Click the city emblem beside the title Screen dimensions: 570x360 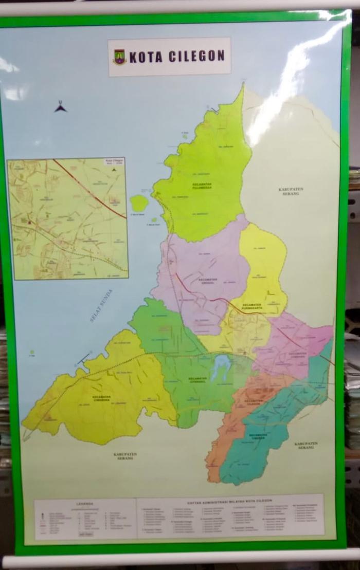119,57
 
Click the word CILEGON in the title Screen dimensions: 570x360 196,57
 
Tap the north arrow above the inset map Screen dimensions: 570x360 61,106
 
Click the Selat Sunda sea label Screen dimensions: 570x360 101,305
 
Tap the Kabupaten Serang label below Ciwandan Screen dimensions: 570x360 125,456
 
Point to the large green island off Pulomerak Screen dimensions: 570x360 139,203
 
